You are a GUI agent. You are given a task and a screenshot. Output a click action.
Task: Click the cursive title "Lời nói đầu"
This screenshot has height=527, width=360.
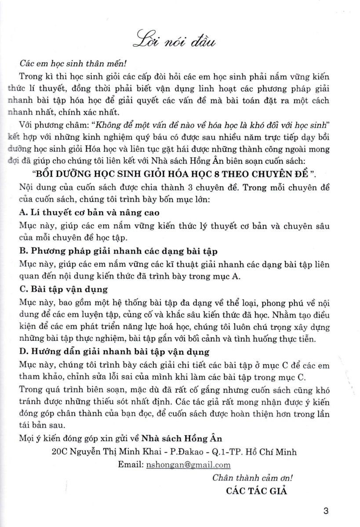[x=180, y=38]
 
